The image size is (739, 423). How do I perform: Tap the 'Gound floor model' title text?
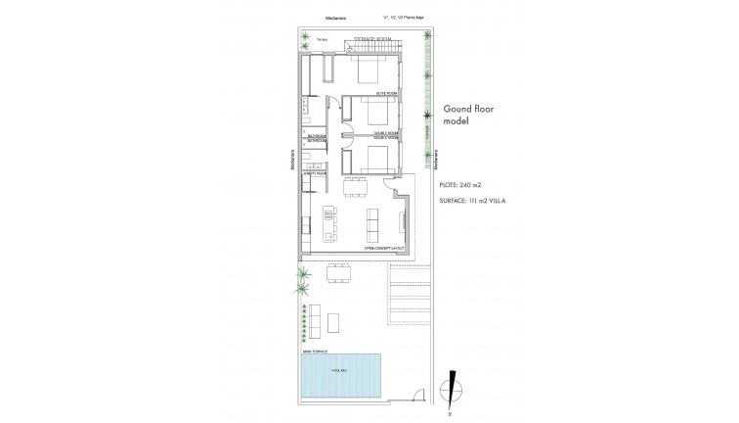(471, 116)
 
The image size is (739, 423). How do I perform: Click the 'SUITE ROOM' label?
(386, 94)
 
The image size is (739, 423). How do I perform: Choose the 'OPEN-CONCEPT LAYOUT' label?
(384, 250)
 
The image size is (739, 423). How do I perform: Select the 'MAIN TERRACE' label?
(315, 350)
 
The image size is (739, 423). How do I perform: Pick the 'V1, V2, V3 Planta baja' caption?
(407, 17)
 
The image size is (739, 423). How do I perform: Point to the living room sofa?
(373, 226)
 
